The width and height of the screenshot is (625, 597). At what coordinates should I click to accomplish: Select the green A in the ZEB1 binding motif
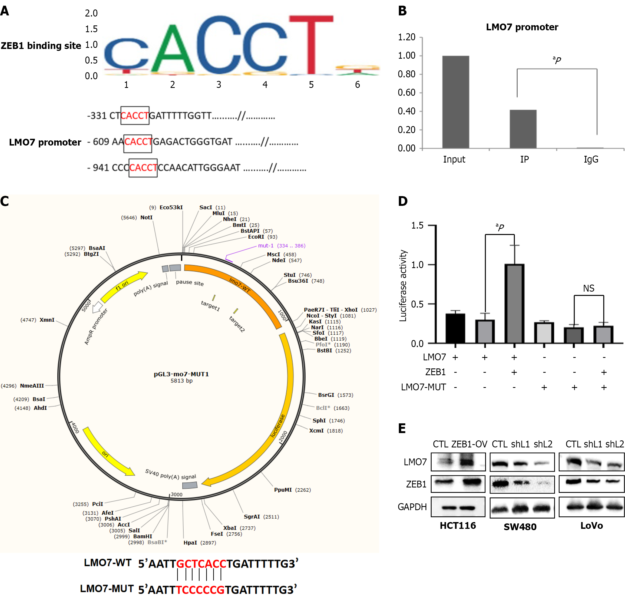173,49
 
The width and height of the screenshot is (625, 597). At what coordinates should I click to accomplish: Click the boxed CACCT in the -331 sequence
135,116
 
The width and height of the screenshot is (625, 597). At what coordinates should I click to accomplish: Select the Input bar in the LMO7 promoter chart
455,102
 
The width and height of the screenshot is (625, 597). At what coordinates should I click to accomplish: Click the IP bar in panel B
523,129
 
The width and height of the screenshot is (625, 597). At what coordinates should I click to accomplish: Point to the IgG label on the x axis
591,159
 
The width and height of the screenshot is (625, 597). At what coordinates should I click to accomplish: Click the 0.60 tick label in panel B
406,93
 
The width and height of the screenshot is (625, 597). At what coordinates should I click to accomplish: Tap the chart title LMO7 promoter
522,27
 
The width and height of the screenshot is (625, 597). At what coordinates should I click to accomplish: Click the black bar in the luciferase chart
455,328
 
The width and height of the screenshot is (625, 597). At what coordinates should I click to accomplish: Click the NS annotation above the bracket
588,288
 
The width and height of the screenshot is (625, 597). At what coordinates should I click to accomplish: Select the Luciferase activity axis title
403,285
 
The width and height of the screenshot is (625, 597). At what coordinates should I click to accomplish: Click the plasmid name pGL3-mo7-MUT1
181,374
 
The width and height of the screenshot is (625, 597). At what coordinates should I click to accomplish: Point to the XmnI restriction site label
47,320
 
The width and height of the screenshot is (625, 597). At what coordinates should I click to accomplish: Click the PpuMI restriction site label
283,490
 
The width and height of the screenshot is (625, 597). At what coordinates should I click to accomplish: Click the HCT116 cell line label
458,525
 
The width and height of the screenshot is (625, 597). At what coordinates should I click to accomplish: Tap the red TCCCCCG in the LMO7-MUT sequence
200,590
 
